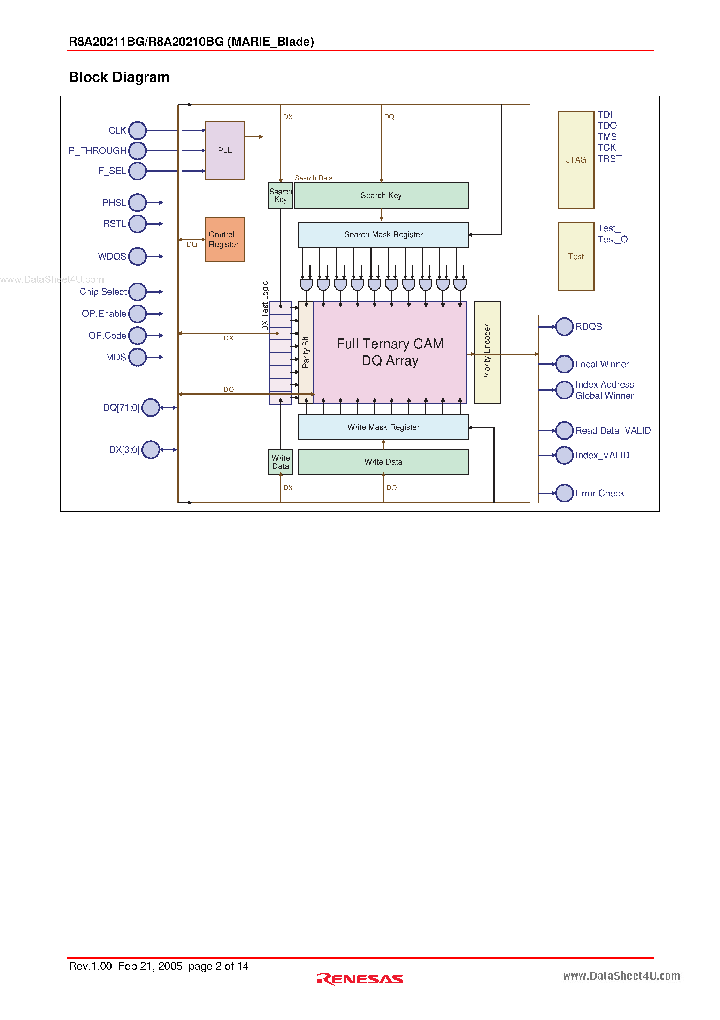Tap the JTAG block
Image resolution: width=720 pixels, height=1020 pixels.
(576, 160)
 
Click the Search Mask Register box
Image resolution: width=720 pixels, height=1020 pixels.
(383, 234)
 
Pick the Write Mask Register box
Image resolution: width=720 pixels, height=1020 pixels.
(383, 427)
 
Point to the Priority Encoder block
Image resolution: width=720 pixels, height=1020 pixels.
(487, 352)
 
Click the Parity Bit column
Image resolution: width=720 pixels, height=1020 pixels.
(306, 352)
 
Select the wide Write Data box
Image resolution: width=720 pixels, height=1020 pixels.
(383, 462)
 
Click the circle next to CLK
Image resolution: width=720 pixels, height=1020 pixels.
(138, 130)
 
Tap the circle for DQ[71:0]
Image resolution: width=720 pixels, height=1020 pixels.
(151, 407)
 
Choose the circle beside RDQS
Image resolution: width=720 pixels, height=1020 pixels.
(564, 327)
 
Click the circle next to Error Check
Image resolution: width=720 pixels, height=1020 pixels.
(564, 493)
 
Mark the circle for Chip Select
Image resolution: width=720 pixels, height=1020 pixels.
(138, 292)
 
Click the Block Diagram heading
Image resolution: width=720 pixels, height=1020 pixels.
(119, 77)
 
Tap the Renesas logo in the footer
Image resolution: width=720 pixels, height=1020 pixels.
(360, 979)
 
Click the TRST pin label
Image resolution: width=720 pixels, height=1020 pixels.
(610, 159)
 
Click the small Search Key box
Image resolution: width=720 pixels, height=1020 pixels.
(281, 195)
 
